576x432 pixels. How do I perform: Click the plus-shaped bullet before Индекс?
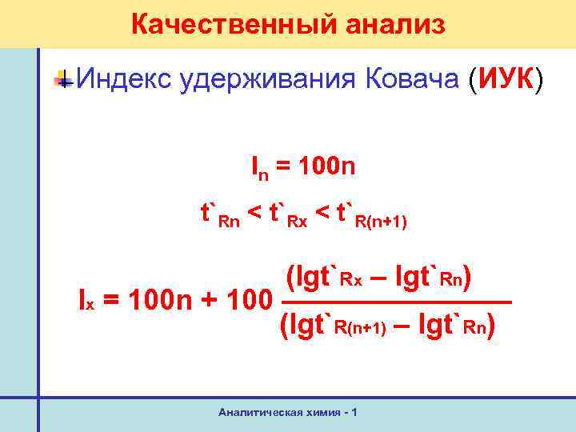click(x=64, y=79)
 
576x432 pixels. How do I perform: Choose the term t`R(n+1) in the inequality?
click(x=372, y=214)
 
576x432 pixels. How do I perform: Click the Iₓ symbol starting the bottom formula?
click(x=85, y=301)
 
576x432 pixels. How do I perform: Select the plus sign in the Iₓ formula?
click(x=206, y=302)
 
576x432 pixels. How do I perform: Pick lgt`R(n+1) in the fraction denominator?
click(x=336, y=325)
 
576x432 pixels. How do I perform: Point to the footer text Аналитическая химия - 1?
click(x=288, y=412)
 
